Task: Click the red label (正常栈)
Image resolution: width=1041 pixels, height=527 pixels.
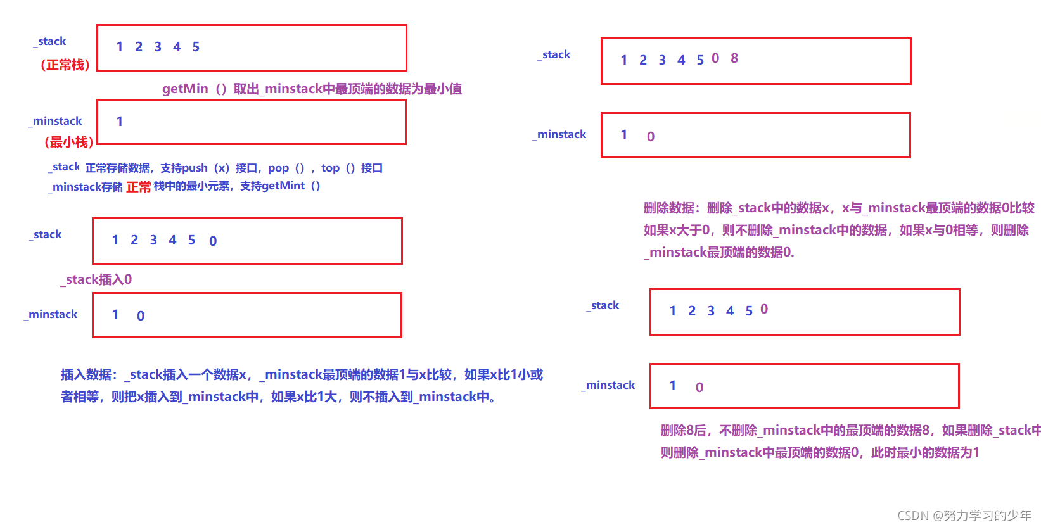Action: click(x=65, y=65)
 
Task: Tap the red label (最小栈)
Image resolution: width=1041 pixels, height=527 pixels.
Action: click(x=69, y=142)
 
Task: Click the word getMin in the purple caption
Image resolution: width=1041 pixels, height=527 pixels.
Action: click(x=185, y=89)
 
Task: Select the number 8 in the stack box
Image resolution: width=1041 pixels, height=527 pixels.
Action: click(x=734, y=58)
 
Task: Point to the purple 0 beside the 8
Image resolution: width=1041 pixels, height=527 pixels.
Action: click(x=715, y=58)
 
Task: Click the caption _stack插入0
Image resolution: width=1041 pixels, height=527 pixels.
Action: click(x=98, y=279)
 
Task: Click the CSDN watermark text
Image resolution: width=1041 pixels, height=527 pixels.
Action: click(x=964, y=516)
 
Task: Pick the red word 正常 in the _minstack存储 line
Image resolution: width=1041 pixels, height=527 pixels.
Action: click(x=138, y=187)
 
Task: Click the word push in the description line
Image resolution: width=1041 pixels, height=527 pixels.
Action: click(x=195, y=168)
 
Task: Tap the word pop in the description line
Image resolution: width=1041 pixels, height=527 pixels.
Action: click(x=278, y=168)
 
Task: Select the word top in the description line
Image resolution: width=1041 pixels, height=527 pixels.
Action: click(x=330, y=168)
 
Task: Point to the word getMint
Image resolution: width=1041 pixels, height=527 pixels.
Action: click(x=283, y=186)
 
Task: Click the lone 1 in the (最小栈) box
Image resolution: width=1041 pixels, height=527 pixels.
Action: click(x=120, y=122)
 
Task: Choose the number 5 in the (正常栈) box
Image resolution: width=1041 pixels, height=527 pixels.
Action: click(x=196, y=47)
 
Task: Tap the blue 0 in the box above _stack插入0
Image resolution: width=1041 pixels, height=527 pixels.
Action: click(x=213, y=241)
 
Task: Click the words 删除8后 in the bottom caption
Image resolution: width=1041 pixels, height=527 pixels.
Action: click(x=683, y=430)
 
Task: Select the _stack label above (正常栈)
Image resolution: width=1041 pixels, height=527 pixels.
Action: click(x=50, y=42)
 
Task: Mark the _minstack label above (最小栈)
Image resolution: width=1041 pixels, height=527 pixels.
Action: click(x=56, y=121)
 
